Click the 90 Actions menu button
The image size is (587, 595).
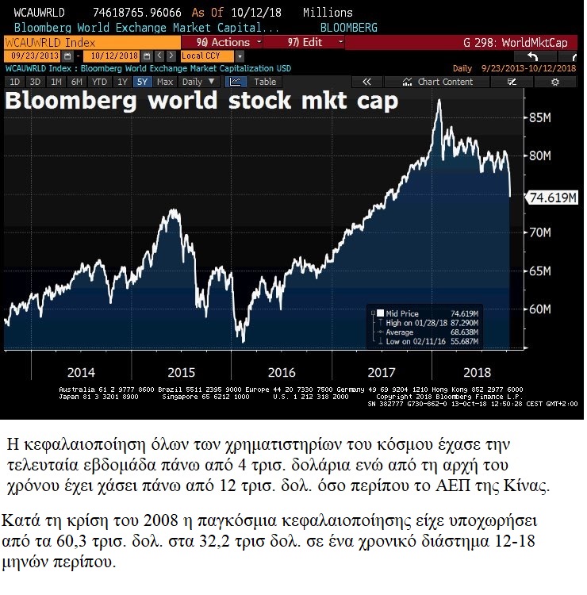223,42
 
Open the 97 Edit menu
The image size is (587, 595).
304,42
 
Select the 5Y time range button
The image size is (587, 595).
142,82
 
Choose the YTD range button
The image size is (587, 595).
99,82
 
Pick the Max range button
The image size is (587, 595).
165,82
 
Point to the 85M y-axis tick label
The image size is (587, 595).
539,118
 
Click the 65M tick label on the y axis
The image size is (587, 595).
539,271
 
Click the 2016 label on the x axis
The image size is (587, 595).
282,372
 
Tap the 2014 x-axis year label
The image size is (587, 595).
81,372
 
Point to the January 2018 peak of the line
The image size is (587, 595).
439,101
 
